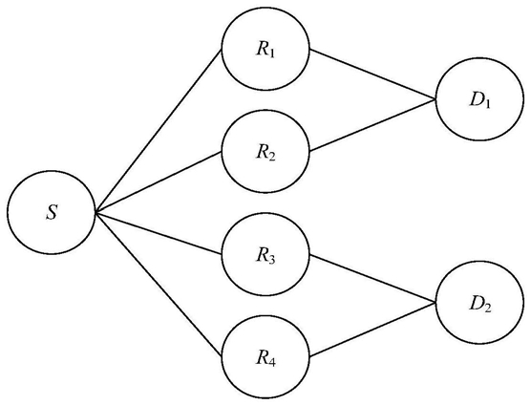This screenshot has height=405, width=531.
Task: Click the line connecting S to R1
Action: coord(159,132)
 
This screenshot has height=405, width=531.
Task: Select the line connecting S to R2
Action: coord(159,182)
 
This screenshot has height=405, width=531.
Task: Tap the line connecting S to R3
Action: coord(159,233)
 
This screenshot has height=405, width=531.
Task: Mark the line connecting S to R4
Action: coord(159,285)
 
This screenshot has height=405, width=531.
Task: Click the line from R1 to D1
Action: coord(372,75)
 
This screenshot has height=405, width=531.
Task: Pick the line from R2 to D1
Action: coord(372,125)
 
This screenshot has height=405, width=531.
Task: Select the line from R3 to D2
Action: coord(372,278)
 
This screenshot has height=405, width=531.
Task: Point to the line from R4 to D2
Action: coord(372,330)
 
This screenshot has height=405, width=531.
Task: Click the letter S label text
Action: coord(52,213)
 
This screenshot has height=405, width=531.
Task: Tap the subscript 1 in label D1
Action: coord(487,103)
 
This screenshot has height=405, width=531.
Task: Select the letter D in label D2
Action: coord(476,304)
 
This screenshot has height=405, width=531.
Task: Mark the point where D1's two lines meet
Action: coord(435,99)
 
